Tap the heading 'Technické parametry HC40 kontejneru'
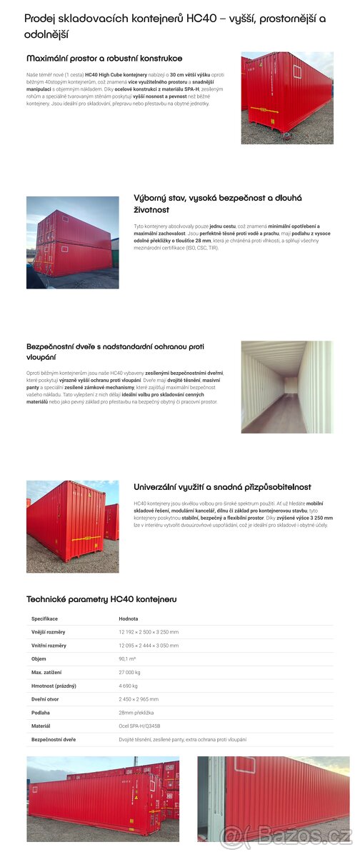point(101,599)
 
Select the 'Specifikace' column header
point(44,618)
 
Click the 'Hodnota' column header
point(129,618)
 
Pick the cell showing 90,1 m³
point(129,659)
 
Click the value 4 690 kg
point(129,686)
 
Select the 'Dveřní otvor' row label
point(46,699)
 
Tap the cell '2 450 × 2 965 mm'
point(139,699)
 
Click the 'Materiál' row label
point(41,726)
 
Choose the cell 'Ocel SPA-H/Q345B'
point(139,726)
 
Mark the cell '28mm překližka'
point(136,713)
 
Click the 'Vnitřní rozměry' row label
point(49,646)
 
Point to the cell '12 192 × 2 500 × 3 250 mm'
point(149,632)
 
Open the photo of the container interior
point(286,387)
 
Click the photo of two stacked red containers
point(72,242)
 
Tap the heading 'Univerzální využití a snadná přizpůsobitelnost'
point(222,486)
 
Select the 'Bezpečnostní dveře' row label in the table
point(54,739)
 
